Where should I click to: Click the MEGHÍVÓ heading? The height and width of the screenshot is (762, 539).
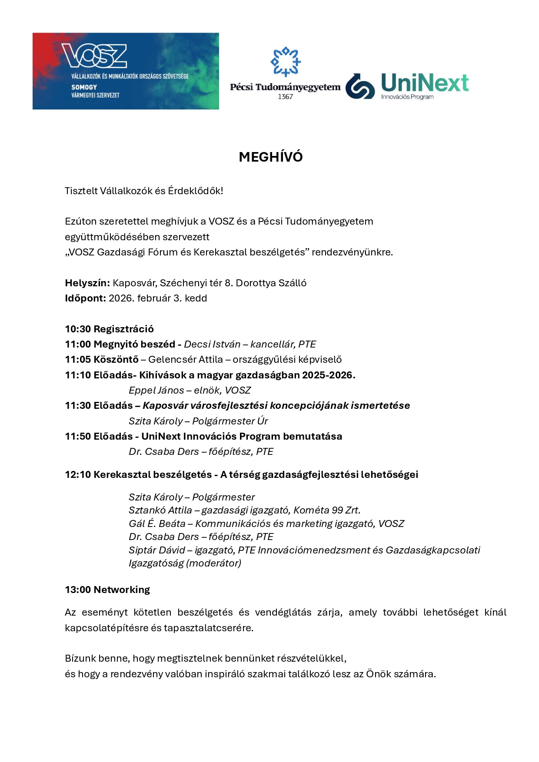tap(270, 157)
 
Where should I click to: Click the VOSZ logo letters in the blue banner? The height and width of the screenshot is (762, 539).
tap(94, 56)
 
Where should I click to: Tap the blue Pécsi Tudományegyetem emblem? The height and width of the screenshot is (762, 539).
tap(286, 62)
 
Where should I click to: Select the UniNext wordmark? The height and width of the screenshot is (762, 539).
tap(425, 83)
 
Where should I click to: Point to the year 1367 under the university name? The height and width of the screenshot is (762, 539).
tap(285, 96)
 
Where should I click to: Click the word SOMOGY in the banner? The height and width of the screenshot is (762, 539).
tap(84, 87)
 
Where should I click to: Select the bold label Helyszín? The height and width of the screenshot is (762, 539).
tap(87, 283)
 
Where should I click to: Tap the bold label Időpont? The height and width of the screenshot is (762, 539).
tap(85, 298)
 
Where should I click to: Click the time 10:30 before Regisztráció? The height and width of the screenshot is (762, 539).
tap(78, 329)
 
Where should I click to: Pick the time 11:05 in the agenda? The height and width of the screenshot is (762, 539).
tap(78, 359)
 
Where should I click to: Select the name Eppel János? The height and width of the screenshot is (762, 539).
tap(156, 390)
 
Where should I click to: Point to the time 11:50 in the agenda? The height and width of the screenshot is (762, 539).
tap(78, 436)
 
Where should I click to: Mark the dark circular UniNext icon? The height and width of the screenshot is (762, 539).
tap(360, 86)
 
